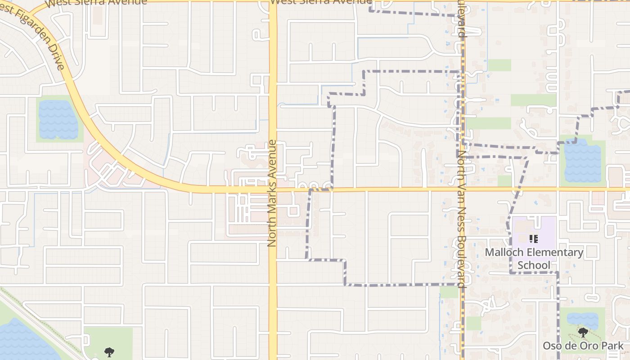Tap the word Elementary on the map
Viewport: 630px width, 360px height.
(x=553, y=252)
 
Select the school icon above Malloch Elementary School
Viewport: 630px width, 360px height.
(x=534, y=239)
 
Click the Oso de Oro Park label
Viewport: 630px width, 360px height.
(x=583, y=346)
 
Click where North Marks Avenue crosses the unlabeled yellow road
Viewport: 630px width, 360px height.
(x=273, y=189)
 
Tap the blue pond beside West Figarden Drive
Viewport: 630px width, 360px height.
(x=58, y=119)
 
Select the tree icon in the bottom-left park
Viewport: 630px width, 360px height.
(x=108, y=352)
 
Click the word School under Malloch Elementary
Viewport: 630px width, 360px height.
(x=534, y=265)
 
